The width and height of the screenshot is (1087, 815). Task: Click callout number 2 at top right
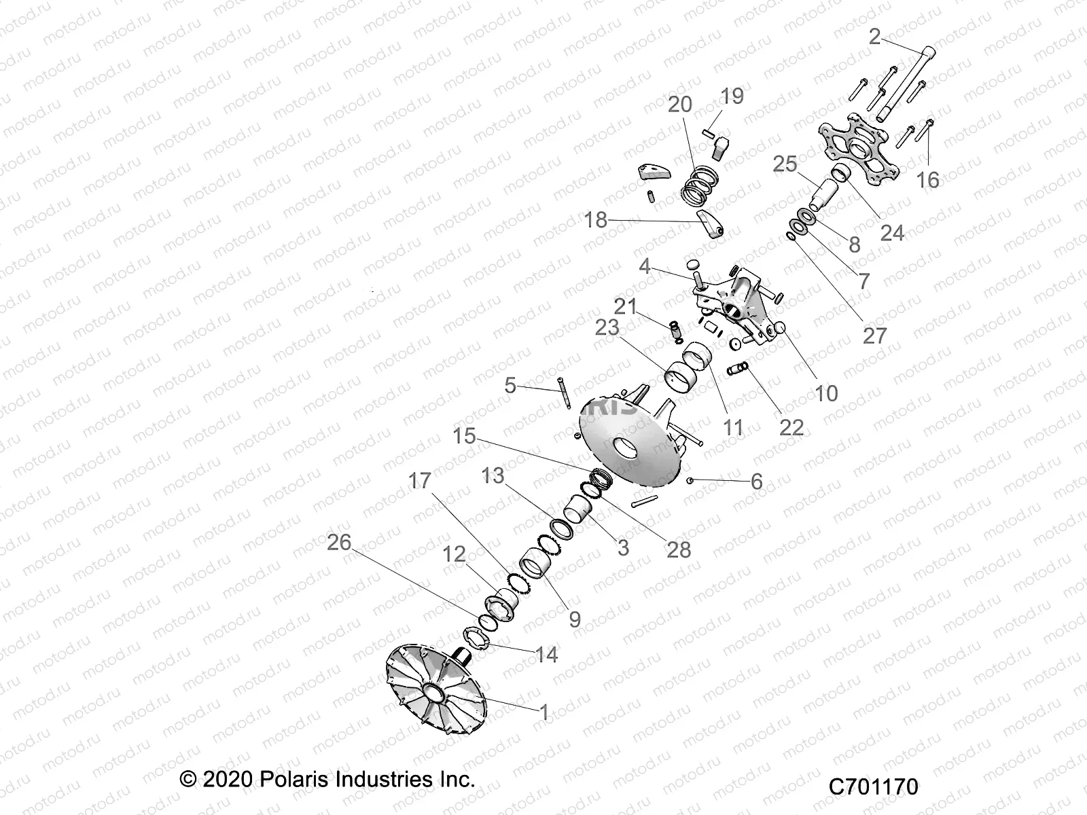pos(875,37)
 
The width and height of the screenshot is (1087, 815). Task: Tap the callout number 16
pos(928,180)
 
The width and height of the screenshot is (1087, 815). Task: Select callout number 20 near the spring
pos(679,105)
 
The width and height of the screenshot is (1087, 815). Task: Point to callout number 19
pos(732,96)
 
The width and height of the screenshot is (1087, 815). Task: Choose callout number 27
pos(874,335)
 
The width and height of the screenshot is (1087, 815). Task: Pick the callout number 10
pos(826,393)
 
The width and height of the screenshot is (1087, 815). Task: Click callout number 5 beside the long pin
pos(510,386)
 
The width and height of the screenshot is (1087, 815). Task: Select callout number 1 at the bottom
pos(543,712)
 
